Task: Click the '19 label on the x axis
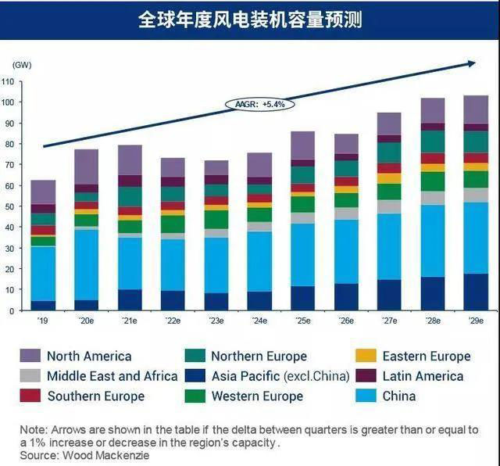(43, 321)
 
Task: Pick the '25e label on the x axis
(302, 321)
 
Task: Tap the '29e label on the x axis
(475, 321)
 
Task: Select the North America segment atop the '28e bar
(432, 110)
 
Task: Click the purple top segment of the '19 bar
(43, 192)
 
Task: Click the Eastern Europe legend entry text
(427, 357)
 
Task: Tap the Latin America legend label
(423, 376)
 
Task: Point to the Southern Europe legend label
(95, 396)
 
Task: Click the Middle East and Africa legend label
(112, 376)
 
